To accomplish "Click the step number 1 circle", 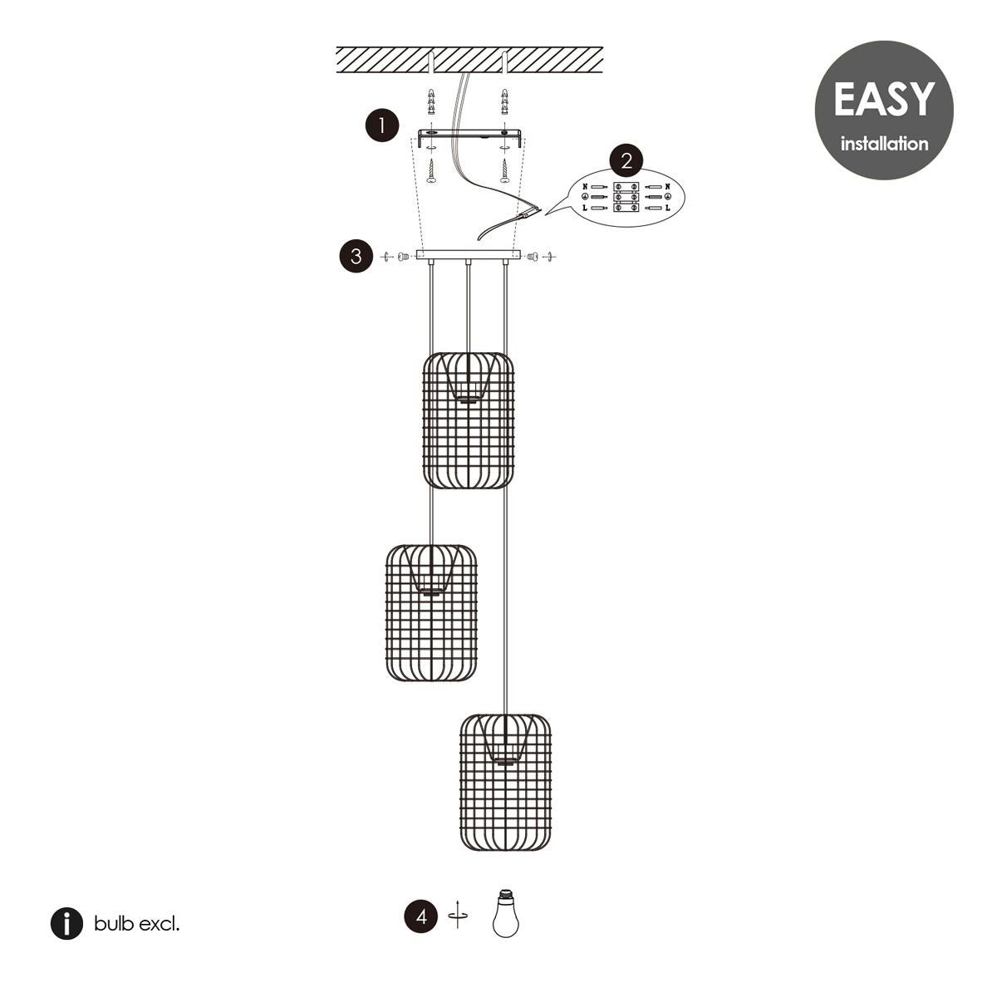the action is [382, 125].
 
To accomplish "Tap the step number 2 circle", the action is [626, 161].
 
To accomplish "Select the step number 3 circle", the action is [356, 256].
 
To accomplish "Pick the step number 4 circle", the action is [421, 916].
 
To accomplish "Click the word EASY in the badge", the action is [884, 100].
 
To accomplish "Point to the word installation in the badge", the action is [884, 143].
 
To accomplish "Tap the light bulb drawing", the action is [505, 913].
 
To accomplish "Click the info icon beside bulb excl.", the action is [66, 924].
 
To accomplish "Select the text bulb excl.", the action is [136, 924].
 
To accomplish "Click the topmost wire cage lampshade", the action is [469, 420].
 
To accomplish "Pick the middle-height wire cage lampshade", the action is [431, 612].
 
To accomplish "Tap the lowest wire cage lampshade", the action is [505, 783].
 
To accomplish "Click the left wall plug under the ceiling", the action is [431, 102].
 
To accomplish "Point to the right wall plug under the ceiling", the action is [504, 102].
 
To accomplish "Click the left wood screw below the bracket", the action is [431, 171].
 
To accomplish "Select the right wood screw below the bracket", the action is [504, 171].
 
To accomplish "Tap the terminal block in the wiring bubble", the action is [626, 197].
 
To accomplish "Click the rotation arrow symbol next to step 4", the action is [457, 916].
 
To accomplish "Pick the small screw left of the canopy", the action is [404, 256].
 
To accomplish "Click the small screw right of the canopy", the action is [533, 256].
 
